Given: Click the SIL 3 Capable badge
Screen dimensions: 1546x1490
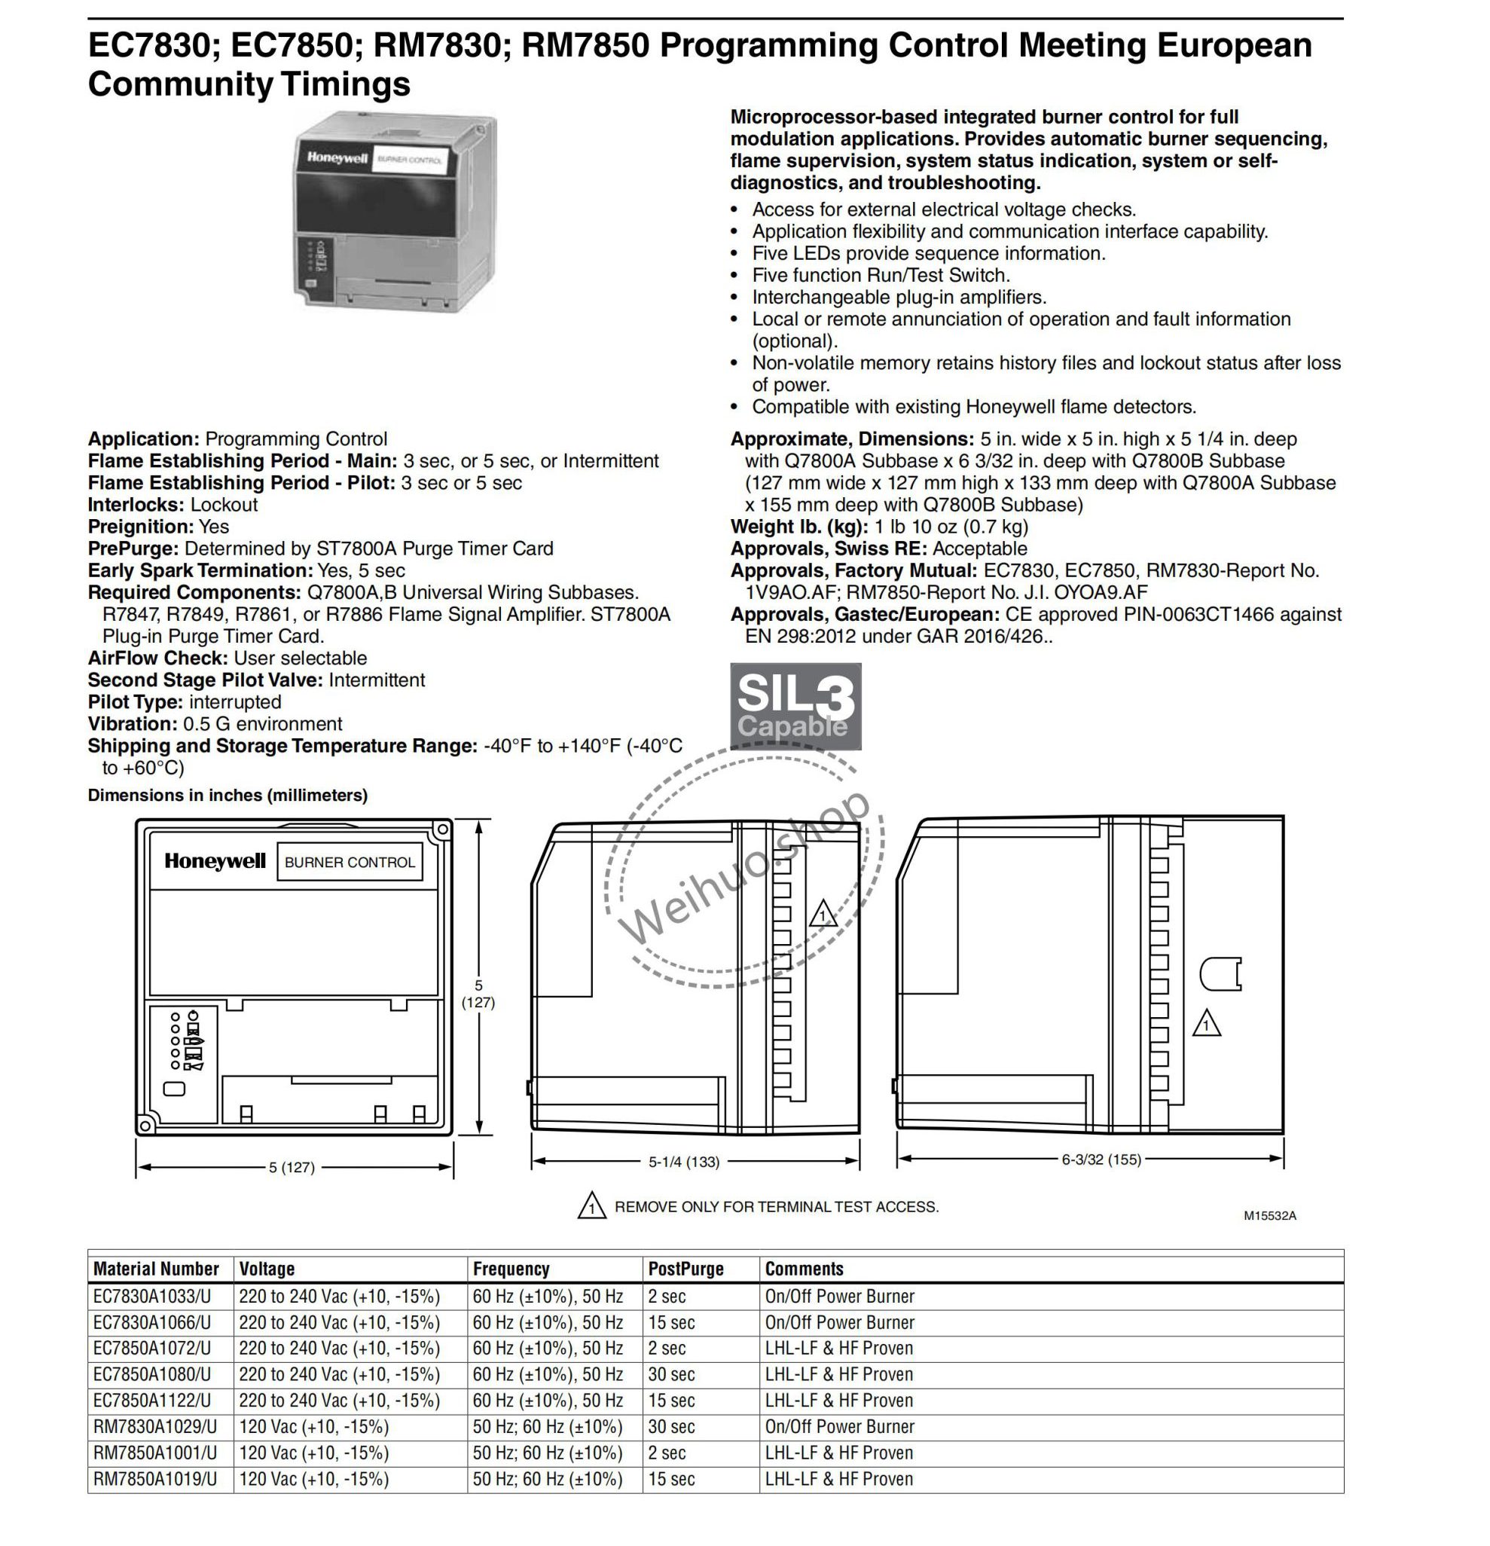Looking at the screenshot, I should [x=795, y=706].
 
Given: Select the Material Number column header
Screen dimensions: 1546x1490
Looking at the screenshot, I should [x=155, y=1268].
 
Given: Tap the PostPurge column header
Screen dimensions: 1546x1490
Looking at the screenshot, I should [x=685, y=1268].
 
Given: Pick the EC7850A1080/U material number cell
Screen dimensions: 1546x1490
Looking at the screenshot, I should [x=152, y=1374].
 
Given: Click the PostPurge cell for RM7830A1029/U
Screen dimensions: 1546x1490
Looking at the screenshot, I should [x=672, y=1426].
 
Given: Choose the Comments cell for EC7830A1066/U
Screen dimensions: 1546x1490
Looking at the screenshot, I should [x=839, y=1322].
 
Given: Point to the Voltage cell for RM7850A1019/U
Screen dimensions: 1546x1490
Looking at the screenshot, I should [x=314, y=1479].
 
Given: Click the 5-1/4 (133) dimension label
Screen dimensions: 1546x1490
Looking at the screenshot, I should [x=684, y=1161].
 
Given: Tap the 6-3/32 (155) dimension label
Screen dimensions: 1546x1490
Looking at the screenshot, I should [x=1101, y=1159].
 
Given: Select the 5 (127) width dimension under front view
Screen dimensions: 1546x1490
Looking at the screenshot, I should [x=292, y=1166].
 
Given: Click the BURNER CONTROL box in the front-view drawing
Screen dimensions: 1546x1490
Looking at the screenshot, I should [x=350, y=862].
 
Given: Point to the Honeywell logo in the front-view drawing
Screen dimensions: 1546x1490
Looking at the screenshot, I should [x=215, y=861].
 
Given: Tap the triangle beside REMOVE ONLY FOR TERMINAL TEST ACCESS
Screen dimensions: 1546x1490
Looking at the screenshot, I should [x=591, y=1207].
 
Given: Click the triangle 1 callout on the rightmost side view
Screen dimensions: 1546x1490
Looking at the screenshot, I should [x=1206, y=1024].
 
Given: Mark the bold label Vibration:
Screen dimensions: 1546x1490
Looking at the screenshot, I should [x=133, y=723].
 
